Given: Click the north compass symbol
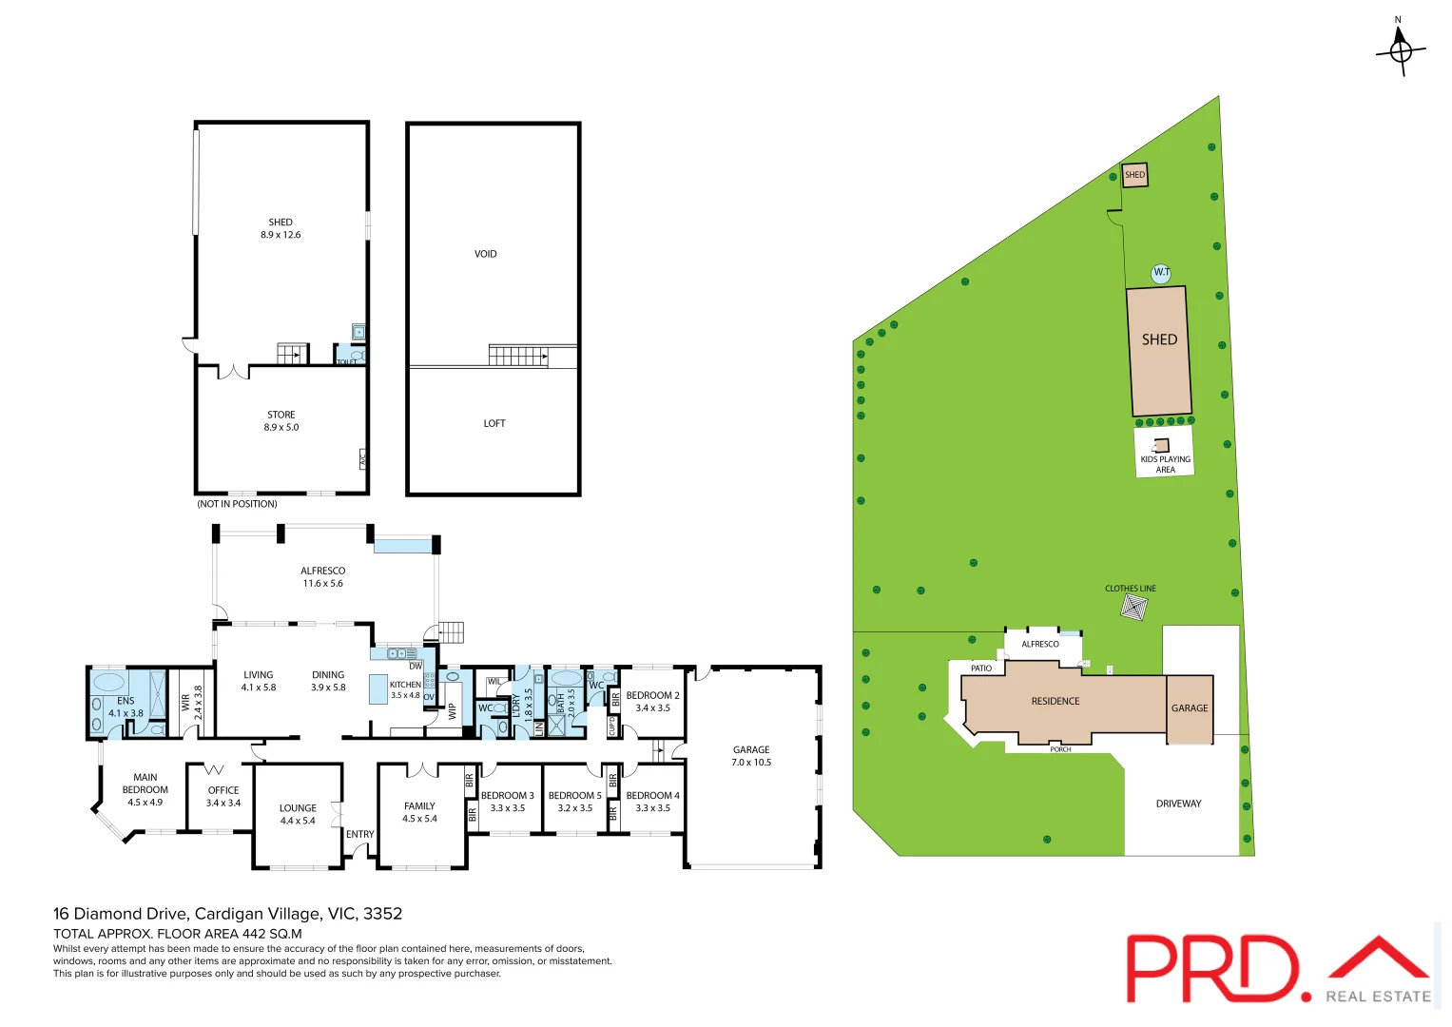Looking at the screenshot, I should (1400, 50).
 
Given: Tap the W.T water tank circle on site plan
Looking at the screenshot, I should (1161, 273).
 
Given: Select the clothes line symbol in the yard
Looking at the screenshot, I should (1133, 607).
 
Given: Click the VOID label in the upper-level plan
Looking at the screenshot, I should (485, 254).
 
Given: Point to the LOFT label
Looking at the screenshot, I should (494, 423).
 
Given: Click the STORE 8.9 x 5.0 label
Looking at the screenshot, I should (281, 421).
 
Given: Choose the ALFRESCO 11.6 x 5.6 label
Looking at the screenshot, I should (322, 577).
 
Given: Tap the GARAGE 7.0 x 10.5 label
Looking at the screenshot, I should (751, 756).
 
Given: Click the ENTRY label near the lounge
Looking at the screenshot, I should (359, 834).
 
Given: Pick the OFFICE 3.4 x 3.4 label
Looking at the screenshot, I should (223, 796).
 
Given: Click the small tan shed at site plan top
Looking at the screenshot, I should (1134, 175).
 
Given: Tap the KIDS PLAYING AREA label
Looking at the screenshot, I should (1165, 464).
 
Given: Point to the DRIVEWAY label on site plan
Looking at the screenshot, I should (1178, 804).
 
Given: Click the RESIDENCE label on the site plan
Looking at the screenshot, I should (1055, 701).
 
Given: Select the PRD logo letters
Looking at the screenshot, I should (1212, 968).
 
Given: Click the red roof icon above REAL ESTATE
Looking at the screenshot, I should (1379, 959).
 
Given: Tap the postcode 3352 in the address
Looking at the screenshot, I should (382, 914).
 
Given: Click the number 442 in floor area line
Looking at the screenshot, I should (254, 934).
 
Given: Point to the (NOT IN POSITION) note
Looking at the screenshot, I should (237, 504).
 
